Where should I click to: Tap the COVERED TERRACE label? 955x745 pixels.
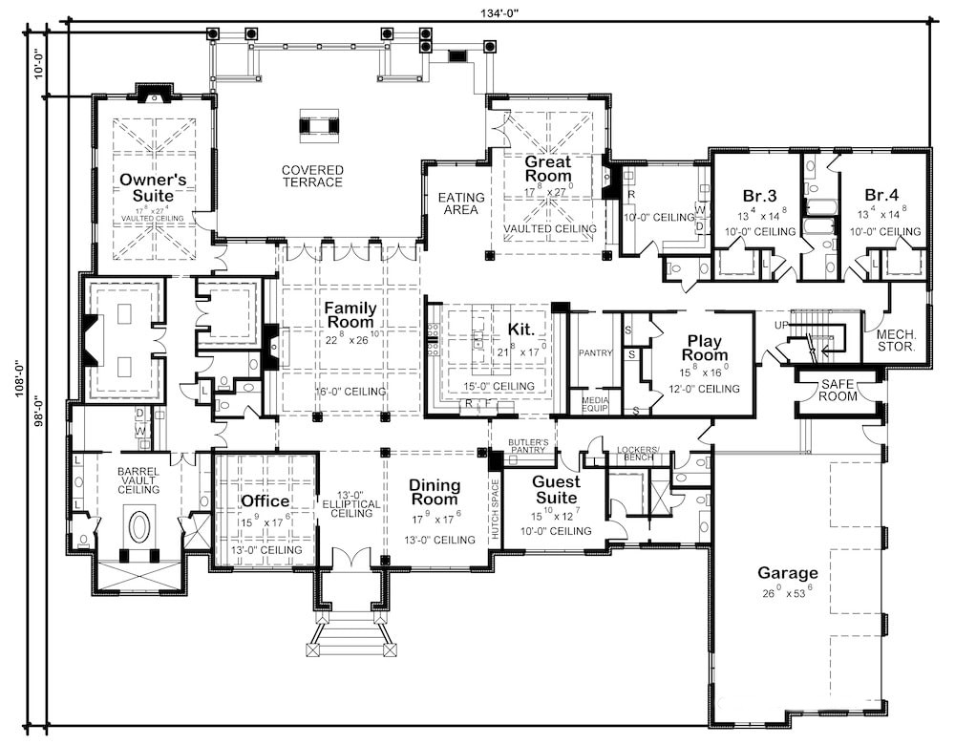pyautogui.click(x=311, y=177)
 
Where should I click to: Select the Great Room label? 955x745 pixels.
pyautogui.click(x=548, y=169)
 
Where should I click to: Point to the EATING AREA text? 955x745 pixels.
pyautogui.click(x=461, y=203)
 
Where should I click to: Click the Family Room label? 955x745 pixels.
pyautogui.click(x=350, y=315)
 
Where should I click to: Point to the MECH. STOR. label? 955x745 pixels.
pyautogui.click(x=896, y=340)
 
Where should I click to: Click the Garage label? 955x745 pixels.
pyautogui.click(x=788, y=573)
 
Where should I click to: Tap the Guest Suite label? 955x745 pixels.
pyautogui.click(x=555, y=490)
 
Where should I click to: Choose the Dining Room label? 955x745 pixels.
pyautogui.click(x=435, y=492)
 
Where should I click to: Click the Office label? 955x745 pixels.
pyautogui.click(x=265, y=501)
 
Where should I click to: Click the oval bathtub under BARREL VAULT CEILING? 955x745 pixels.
pyautogui.click(x=139, y=526)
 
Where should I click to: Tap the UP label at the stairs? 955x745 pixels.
pyautogui.click(x=781, y=326)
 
